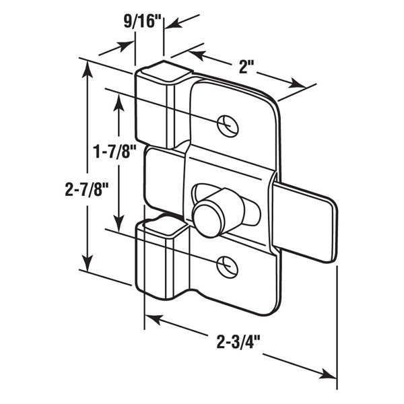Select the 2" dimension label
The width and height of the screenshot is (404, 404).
(243, 67)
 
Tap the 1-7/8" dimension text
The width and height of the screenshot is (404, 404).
(114, 151)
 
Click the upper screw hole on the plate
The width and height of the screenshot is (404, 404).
(228, 126)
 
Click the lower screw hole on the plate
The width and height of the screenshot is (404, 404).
(227, 267)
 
